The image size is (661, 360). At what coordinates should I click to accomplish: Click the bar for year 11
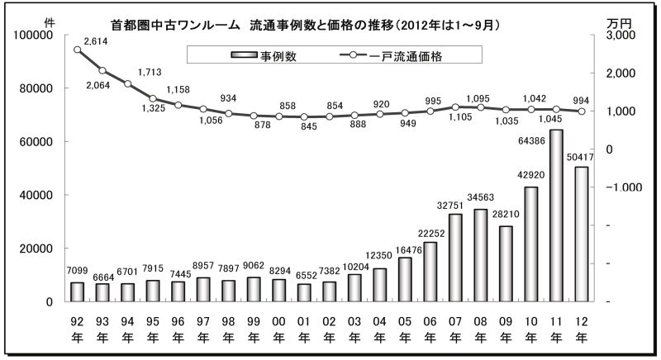coord(556,216)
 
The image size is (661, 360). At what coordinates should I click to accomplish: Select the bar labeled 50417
coord(581,234)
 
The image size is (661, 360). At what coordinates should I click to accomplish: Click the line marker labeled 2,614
coord(78,50)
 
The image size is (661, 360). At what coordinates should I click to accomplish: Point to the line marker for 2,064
coord(102,70)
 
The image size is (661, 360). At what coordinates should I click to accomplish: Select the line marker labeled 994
coord(581,111)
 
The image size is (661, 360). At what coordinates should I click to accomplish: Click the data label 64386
coord(556,121)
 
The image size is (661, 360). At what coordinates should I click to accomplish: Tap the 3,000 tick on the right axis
coord(621,36)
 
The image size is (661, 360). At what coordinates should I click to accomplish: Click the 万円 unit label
coord(620,21)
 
